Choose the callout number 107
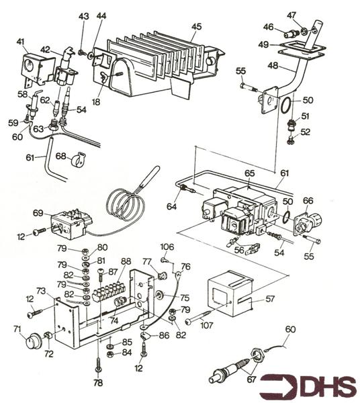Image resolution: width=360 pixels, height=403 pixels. pos(208,326)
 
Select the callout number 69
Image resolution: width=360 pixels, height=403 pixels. pos(38,213)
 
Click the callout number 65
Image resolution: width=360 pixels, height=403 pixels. pos(249,173)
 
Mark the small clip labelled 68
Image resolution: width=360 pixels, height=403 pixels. pos(80,159)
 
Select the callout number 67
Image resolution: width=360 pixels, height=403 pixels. pos(252,379)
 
